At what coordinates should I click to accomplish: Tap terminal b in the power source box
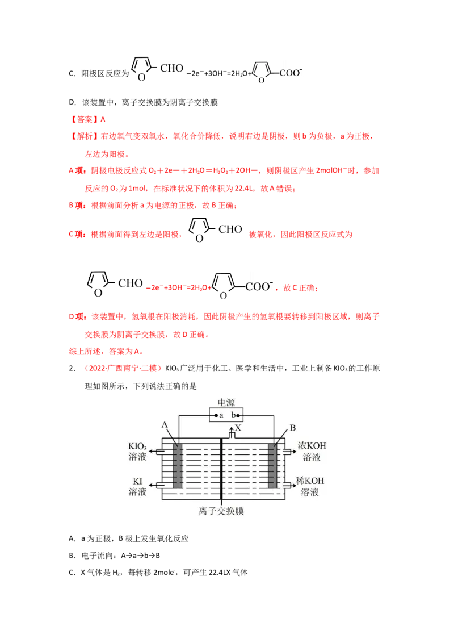(x=233, y=415)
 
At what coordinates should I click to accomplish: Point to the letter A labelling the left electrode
(x=165, y=425)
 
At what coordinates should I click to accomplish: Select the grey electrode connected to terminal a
(x=178, y=466)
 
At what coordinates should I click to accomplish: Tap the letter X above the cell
(x=238, y=427)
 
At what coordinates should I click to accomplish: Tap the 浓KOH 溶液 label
(x=312, y=452)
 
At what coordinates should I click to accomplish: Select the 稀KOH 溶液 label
(x=313, y=486)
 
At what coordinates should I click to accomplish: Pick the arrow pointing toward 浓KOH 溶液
(x=290, y=452)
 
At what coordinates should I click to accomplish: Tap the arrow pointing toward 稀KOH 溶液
(x=290, y=485)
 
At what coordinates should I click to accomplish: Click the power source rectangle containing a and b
(x=226, y=415)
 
